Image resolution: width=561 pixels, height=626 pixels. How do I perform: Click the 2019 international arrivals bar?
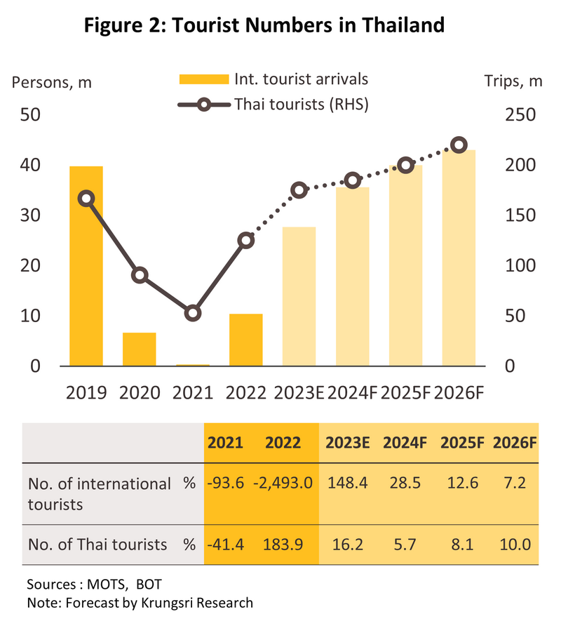[x=86, y=266]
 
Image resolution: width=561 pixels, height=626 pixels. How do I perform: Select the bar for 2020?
[x=139, y=349]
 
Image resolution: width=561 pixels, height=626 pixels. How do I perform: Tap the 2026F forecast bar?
[x=459, y=258]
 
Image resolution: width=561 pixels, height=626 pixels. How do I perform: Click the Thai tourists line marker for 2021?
[x=193, y=313]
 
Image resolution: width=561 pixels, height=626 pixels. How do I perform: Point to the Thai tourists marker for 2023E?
[x=299, y=190]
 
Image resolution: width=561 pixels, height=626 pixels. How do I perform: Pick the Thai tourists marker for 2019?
[x=86, y=199]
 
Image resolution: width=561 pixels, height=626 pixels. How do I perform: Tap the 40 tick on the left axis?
[x=30, y=166]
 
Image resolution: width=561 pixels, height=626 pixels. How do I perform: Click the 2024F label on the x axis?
[x=352, y=392]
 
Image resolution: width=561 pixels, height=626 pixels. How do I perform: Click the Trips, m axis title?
[x=513, y=81]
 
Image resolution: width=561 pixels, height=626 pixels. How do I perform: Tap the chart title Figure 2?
[x=264, y=26]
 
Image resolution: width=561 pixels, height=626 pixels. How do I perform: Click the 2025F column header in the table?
[x=461, y=443]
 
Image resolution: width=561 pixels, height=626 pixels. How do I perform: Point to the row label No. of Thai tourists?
[x=97, y=544]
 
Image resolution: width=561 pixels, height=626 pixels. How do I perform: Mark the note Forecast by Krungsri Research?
[x=140, y=602]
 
